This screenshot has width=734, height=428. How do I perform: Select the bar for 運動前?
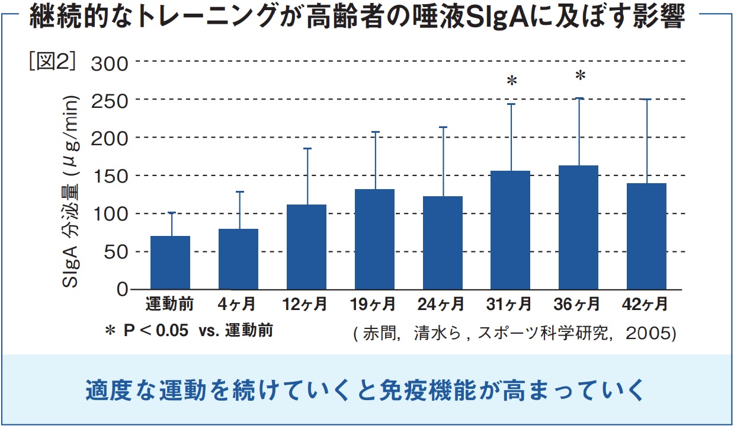click(170, 263)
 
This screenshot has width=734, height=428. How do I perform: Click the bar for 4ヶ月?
click(238, 259)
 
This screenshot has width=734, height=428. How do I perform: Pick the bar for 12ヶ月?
click(306, 247)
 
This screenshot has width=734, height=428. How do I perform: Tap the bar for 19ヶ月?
click(374, 239)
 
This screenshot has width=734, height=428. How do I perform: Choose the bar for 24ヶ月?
click(443, 243)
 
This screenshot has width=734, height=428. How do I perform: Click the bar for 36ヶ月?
click(578, 228)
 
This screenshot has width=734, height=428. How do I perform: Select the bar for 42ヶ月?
click(646, 237)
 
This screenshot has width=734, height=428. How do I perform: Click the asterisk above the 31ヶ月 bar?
click(512, 81)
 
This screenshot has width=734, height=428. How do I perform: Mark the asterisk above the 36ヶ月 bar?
click(580, 76)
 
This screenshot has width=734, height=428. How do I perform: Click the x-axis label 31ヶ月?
click(509, 305)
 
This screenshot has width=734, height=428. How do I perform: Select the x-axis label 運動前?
click(170, 305)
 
